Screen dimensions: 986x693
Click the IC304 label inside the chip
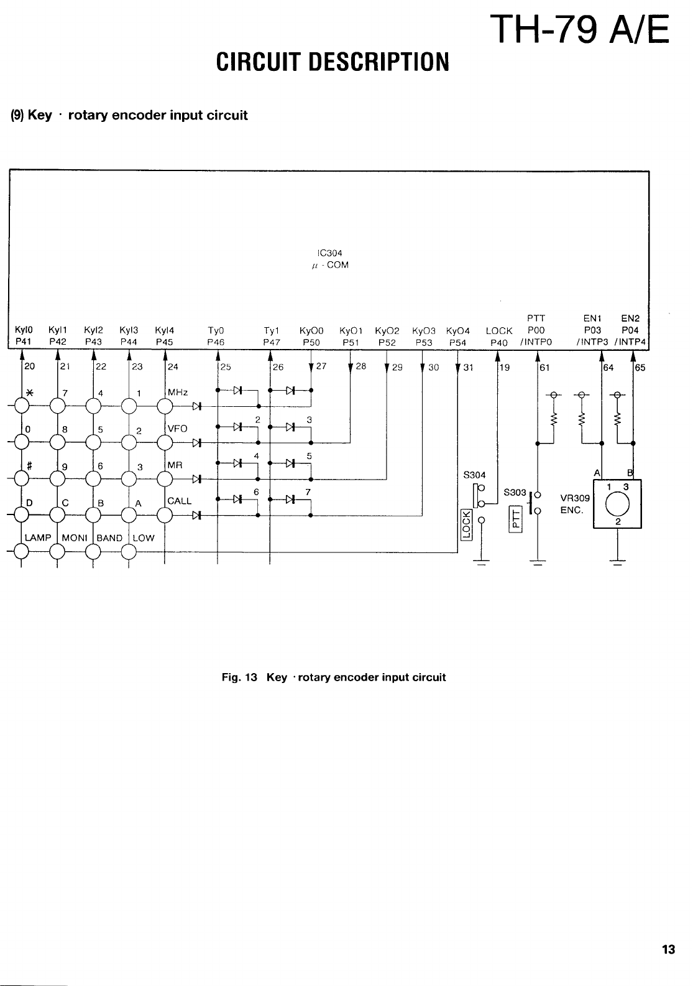tap(329, 253)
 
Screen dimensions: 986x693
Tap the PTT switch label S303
tap(515, 492)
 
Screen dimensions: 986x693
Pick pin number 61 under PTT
tap(544, 367)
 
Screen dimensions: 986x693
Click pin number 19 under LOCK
tap(505, 367)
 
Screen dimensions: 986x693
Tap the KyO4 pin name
tap(458, 331)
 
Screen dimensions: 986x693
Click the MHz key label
tap(178, 393)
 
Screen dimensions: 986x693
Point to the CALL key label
tap(180, 501)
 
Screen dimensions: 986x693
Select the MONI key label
tap(74, 537)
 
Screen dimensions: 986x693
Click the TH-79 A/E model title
tap(579, 29)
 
